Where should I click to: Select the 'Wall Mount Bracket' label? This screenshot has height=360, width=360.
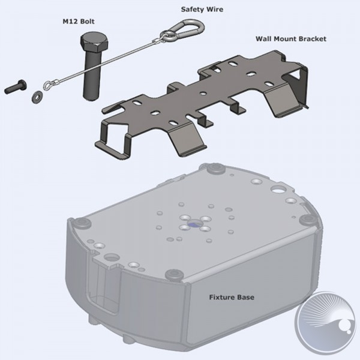pos(290,39)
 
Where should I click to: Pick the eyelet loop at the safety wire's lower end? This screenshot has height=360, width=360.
pos(49,85)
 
